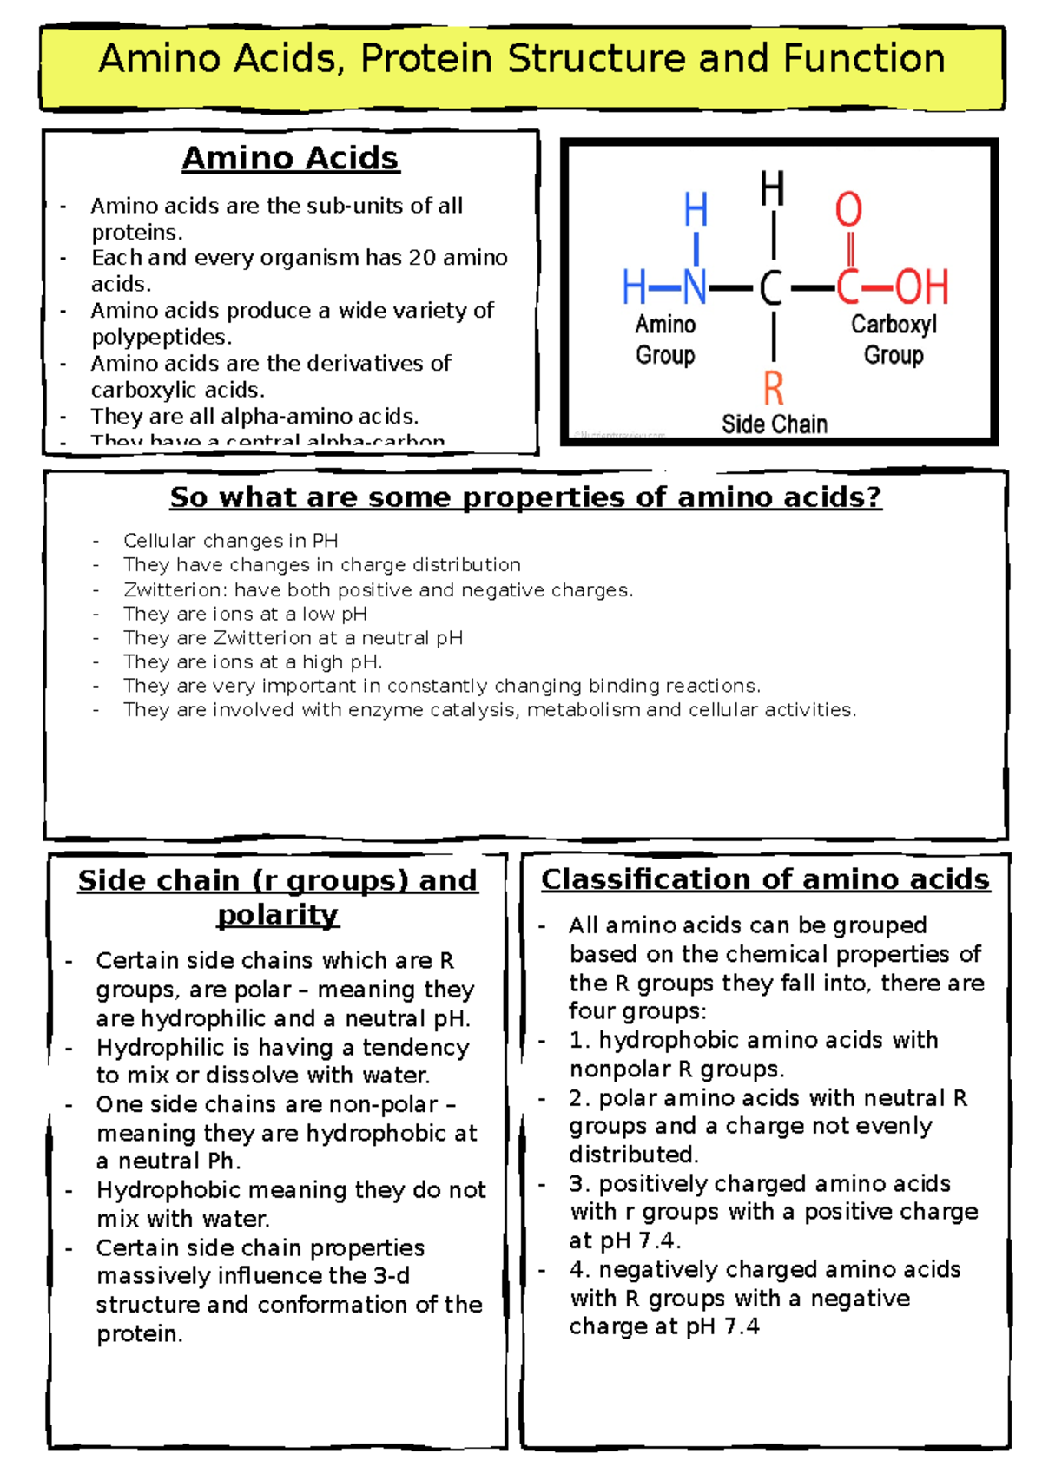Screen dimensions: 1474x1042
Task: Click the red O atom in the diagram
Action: [848, 210]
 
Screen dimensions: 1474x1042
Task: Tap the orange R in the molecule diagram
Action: [773, 388]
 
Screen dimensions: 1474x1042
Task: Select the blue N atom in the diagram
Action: [695, 286]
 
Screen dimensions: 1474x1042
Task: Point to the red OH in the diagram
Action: [921, 286]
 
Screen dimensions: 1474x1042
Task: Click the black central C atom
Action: [770, 287]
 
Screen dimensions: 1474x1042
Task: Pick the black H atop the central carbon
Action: [772, 189]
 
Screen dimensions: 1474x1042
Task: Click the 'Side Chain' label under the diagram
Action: [774, 424]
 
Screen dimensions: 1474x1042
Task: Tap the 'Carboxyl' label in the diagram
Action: [894, 325]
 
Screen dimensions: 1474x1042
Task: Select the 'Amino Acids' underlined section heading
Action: [290, 158]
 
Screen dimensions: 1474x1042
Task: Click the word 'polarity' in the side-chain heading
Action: [278, 915]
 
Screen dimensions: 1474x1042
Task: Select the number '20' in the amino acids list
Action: [422, 258]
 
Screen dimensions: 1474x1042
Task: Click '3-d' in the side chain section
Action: [392, 1276]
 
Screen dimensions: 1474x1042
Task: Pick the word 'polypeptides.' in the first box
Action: [162, 337]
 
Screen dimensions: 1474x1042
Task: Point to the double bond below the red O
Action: [850, 248]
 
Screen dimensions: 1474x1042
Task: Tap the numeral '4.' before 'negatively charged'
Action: [580, 1270]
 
